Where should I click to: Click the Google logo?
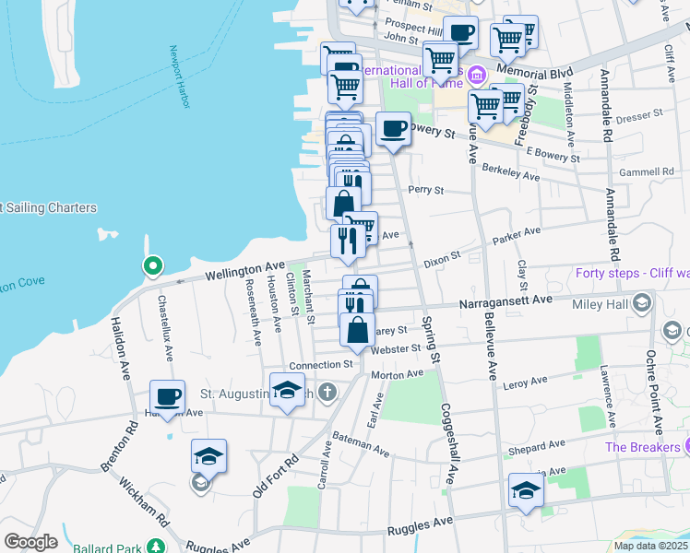30,541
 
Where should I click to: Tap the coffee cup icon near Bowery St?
393,128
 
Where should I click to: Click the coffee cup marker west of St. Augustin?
167,396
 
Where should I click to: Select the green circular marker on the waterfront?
152,267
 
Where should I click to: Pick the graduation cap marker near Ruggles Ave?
526,489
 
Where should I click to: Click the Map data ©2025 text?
651,546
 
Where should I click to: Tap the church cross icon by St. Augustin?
329,394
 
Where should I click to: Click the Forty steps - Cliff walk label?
632,273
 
